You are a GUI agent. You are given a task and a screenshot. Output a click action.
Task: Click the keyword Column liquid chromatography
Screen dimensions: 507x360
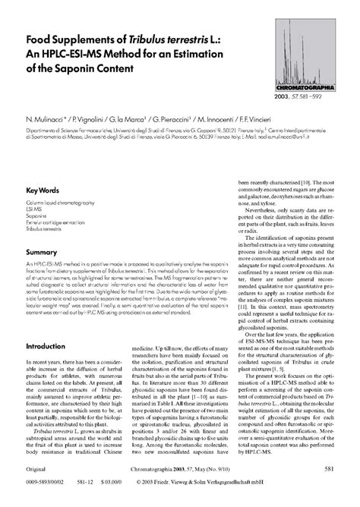(x=60, y=203)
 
